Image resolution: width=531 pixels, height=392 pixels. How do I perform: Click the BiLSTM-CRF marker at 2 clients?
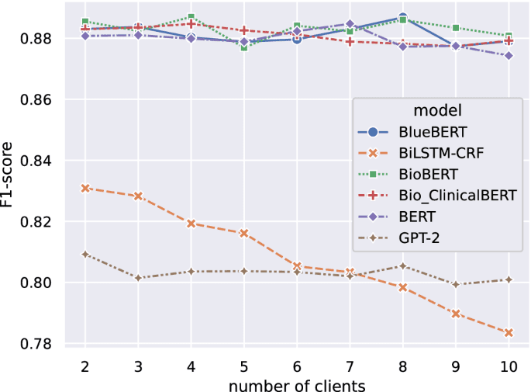click(85, 188)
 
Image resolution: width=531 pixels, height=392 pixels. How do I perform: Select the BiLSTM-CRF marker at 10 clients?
click(509, 333)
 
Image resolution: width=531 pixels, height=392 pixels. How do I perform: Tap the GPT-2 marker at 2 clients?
click(85, 254)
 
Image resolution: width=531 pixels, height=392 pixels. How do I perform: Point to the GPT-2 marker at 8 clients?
click(403, 266)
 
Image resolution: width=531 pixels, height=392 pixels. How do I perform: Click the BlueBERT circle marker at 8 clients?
click(403, 17)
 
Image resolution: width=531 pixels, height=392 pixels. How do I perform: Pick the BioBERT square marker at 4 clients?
click(191, 17)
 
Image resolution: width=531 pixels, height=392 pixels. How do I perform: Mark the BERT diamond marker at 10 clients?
click(509, 56)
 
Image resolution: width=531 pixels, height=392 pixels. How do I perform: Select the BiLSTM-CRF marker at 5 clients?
click(244, 233)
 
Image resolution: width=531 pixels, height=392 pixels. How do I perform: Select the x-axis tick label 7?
click(350, 365)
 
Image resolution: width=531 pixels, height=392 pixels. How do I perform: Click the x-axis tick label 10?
click(509, 365)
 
